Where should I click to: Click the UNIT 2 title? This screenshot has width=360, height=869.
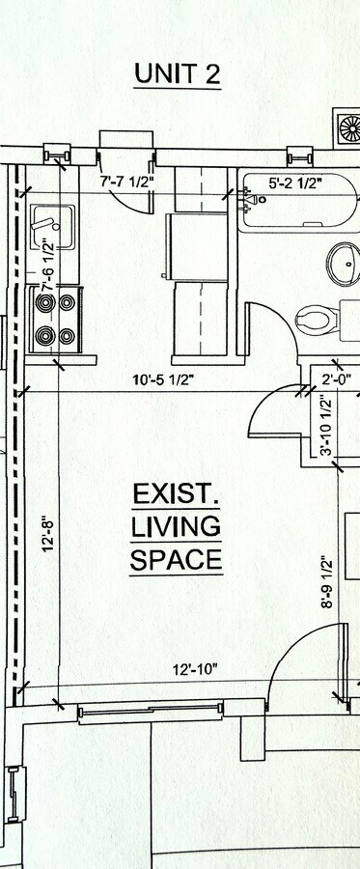click(178, 72)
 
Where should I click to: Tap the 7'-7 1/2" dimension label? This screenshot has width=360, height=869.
click(127, 181)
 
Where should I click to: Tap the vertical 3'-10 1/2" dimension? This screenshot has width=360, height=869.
click(326, 427)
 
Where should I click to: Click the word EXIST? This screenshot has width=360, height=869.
click(177, 495)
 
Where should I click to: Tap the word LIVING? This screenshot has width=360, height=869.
click(177, 527)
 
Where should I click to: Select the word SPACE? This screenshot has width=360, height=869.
click(177, 560)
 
